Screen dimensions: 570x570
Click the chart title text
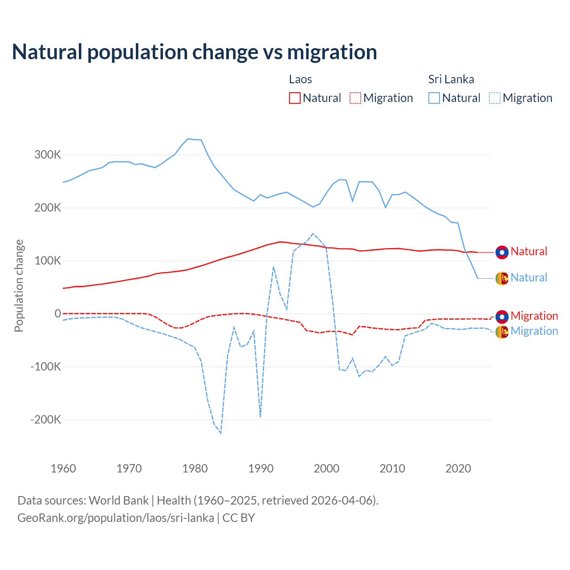tap(195, 52)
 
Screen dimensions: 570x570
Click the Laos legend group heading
tap(301, 79)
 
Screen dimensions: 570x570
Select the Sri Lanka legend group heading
tap(451, 79)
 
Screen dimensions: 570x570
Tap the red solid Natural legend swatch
tap(295, 98)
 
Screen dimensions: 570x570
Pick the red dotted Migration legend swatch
tap(355, 98)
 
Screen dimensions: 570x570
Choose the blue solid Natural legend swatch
tap(434, 98)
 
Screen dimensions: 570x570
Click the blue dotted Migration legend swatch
tap(495, 98)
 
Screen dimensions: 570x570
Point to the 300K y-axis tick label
tap(48, 155)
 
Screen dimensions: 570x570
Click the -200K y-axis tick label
tap(46, 419)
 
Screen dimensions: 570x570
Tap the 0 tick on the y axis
tap(58, 313)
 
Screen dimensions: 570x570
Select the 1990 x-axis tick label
tap(261, 468)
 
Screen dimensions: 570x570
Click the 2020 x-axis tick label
tap(458, 468)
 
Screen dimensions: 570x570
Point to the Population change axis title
tap(19, 285)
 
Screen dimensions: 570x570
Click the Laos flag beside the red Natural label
tap(502, 252)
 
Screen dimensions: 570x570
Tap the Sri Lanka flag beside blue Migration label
tap(502, 332)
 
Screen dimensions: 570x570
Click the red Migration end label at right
tap(534, 316)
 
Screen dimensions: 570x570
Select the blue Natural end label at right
tap(529, 277)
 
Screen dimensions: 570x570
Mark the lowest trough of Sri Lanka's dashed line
tap(221, 433)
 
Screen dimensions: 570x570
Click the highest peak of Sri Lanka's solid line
tap(188, 138)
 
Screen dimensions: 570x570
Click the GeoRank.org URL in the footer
tap(116, 518)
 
